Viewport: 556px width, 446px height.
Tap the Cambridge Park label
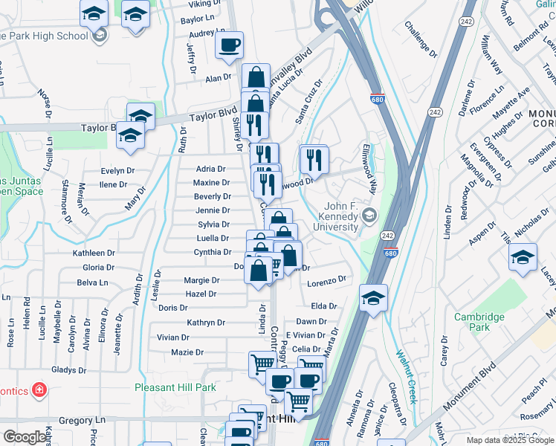point(479,322)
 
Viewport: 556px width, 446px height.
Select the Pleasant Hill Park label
point(175,387)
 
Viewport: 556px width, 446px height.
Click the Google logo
point(25,437)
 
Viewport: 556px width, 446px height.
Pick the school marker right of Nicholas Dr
point(523,258)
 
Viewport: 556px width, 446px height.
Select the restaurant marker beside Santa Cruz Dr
point(314,158)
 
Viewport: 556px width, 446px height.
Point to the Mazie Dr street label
point(187,352)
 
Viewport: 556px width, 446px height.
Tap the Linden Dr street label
point(448,222)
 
